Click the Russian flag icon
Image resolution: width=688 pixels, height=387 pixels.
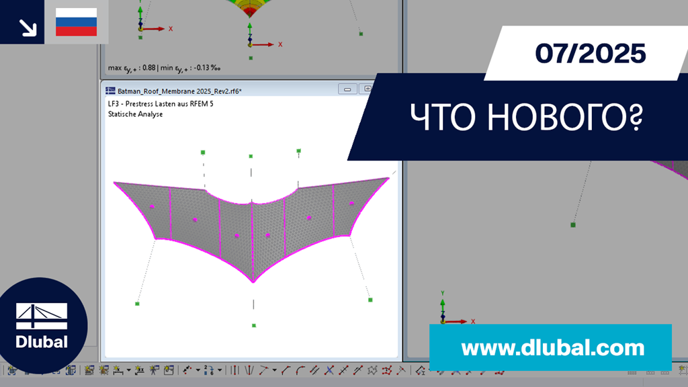pyautogui.click(x=77, y=22)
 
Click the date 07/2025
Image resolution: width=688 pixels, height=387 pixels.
pyautogui.click(x=590, y=53)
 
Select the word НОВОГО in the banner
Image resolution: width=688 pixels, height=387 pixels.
pyautogui.click(x=565, y=117)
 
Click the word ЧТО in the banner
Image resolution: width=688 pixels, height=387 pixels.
pyautogui.click(x=443, y=117)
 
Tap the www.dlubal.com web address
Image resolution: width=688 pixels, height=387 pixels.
pyautogui.click(x=553, y=348)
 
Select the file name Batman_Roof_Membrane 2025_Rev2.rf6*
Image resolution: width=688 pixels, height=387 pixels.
pyautogui.click(x=179, y=91)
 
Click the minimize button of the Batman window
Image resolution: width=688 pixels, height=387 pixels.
pyautogui.click(x=347, y=89)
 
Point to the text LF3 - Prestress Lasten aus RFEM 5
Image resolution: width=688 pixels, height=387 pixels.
pyautogui.click(x=161, y=104)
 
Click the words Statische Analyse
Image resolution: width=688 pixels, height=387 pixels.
pyautogui.click(x=135, y=114)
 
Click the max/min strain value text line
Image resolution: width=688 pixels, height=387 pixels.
pyautogui.click(x=164, y=68)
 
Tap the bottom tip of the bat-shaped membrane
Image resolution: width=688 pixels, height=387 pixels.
pyautogui.click(x=253, y=282)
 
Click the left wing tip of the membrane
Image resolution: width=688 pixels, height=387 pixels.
pyautogui.click(x=114, y=182)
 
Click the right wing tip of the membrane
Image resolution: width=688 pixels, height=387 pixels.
pyautogui.click(x=389, y=177)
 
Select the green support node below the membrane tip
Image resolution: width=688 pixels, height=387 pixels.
pyautogui.click(x=254, y=326)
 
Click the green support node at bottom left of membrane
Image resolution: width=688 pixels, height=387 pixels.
pyautogui.click(x=137, y=304)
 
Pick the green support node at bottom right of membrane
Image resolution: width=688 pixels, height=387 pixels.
pyautogui.click(x=370, y=300)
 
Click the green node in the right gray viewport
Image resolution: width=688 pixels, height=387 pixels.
pyautogui.click(x=573, y=225)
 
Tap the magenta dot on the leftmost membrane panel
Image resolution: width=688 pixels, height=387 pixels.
pyautogui.click(x=152, y=207)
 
